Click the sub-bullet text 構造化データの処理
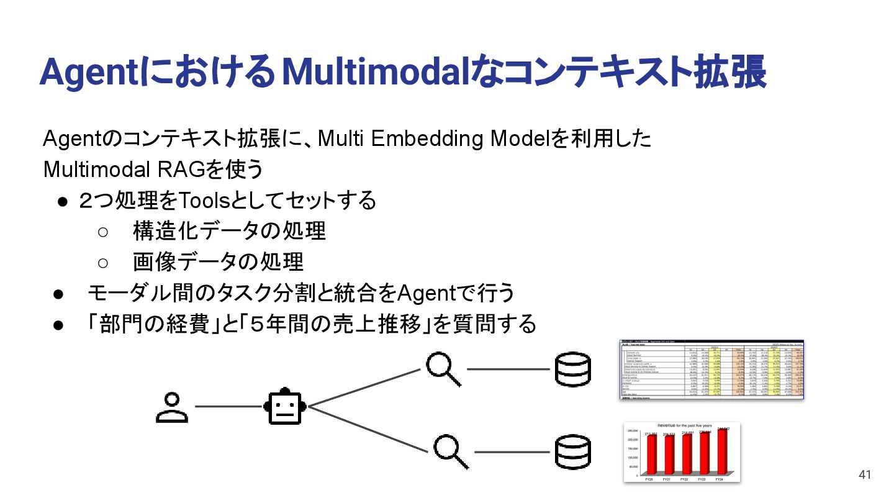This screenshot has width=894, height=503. point(229,231)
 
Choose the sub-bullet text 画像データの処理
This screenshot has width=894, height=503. point(218,262)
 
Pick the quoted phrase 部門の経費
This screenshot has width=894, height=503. point(153,324)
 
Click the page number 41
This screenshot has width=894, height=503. point(865,475)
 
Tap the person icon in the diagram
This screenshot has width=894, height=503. point(172,407)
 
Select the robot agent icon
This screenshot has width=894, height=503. point(285,407)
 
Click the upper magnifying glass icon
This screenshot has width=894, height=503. point(443,369)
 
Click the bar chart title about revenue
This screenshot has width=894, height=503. point(684,425)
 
